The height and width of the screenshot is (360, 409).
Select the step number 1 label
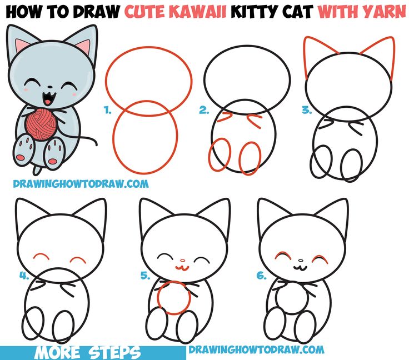click(x=107, y=111)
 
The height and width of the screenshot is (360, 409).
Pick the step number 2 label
click(x=203, y=111)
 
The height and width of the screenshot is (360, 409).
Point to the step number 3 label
click(x=305, y=111)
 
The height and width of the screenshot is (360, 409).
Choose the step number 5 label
click(x=146, y=275)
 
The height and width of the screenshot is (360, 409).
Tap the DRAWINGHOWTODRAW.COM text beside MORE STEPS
click(x=256, y=350)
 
